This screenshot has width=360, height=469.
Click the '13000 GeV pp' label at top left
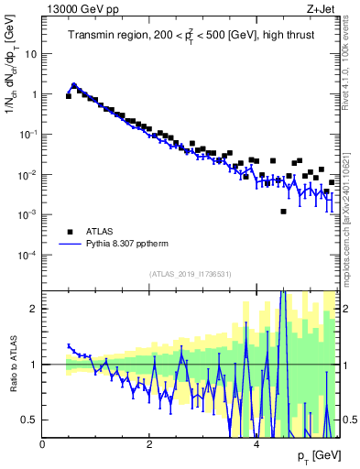[75, 8]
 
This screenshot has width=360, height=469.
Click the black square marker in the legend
[70, 233]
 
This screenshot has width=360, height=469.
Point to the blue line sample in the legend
[70, 245]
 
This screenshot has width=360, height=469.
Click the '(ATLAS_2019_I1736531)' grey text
[190, 274]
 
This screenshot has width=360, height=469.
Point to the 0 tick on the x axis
[43, 444]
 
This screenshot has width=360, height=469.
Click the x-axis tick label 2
[149, 444]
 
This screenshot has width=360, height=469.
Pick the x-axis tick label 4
[256, 444]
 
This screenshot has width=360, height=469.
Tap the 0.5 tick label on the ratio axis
[28, 420]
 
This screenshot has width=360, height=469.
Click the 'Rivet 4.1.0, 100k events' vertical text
[351, 64]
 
